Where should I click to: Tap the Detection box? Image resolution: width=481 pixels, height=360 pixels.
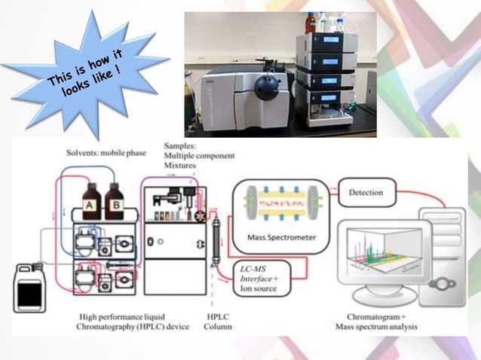[366, 193]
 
